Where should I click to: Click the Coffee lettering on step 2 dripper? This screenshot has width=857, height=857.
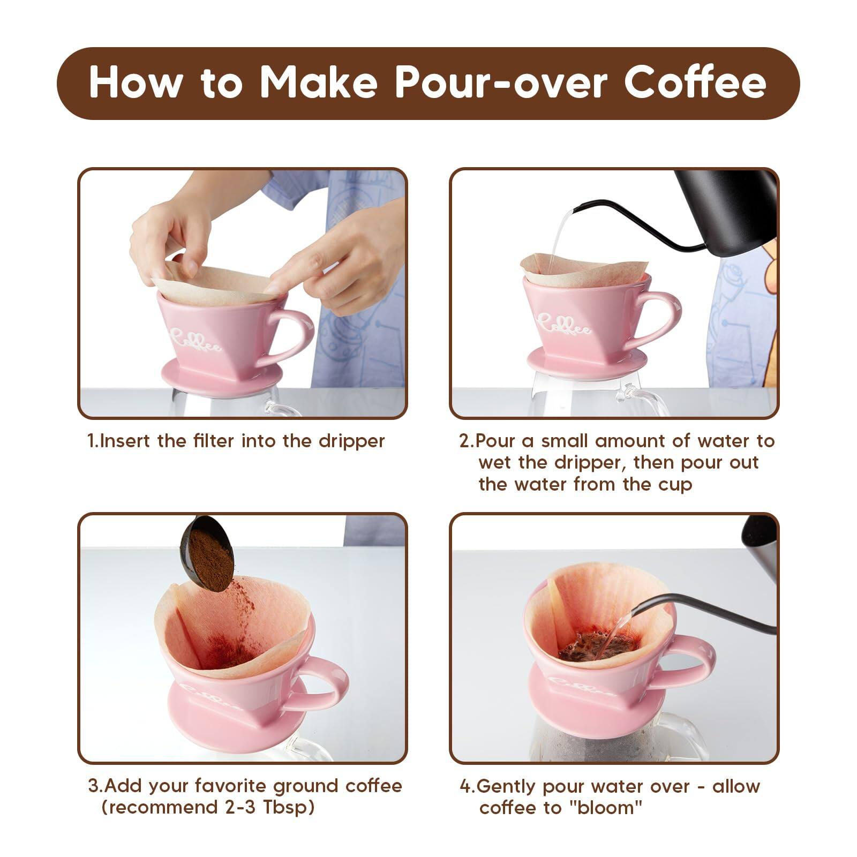tap(565, 325)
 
